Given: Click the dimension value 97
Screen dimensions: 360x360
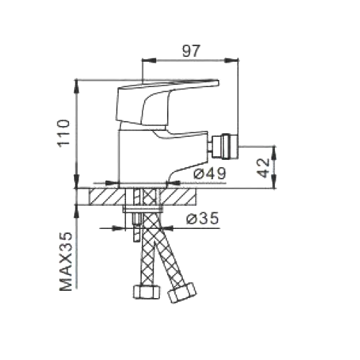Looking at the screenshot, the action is (x=191, y=51).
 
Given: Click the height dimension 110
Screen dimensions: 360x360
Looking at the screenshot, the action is (x=63, y=132).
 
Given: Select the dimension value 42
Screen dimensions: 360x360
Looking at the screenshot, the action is (x=263, y=168).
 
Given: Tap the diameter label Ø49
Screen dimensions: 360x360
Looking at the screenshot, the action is (x=210, y=174).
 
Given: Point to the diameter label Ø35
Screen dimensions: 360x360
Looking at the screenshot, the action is (x=203, y=218).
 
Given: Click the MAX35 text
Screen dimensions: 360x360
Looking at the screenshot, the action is (x=66, y=261).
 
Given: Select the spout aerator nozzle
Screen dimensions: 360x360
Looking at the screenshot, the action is (x=225, y=147).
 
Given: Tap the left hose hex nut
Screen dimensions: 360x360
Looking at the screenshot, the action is (x=146, y=292).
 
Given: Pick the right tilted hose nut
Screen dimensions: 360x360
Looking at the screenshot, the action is (x=182, y=293).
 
